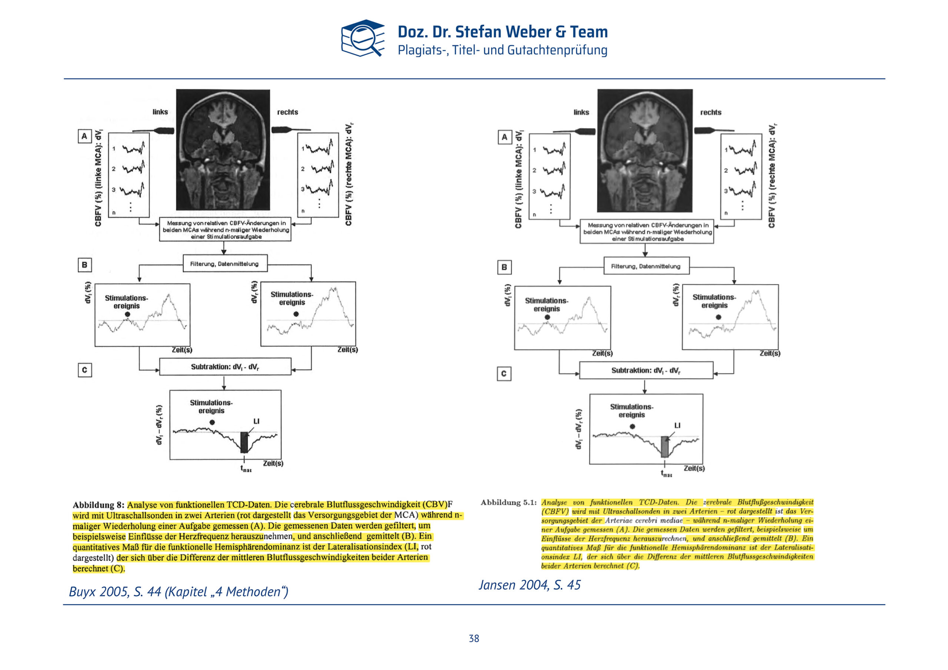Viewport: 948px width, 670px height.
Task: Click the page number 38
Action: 474,638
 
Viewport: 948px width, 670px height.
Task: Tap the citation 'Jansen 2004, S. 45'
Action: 529,585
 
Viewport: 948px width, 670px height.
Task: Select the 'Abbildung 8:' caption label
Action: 98,505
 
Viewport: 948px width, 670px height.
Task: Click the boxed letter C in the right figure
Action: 504,374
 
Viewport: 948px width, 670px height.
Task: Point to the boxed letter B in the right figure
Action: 504,267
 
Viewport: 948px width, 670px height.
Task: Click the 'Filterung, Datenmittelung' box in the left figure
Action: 225,264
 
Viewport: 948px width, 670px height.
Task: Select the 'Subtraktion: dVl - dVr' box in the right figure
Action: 646,370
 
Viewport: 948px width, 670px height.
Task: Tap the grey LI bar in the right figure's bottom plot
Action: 664,447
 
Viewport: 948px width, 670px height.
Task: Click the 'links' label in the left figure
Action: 160,112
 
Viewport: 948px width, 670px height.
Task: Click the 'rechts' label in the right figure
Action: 711,112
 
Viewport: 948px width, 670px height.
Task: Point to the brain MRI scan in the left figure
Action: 223,150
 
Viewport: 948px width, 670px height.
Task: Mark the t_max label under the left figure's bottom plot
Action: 246,469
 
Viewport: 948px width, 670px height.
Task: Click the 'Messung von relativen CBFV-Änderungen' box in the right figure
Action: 647,232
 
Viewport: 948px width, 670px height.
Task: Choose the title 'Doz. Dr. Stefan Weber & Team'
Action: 503,32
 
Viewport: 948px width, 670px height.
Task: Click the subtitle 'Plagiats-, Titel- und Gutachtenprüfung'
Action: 503,50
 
